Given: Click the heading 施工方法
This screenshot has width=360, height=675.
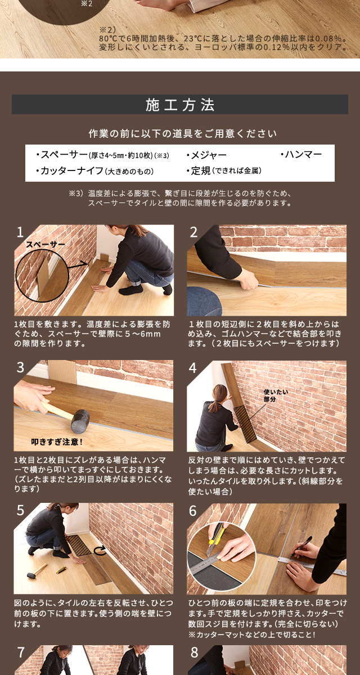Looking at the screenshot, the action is click(180, 105).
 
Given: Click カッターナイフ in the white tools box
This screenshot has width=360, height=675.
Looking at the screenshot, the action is click(72, 170).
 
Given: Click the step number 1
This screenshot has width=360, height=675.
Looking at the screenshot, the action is click(20, 232).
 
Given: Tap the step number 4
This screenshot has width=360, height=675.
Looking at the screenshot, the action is click(192, 368).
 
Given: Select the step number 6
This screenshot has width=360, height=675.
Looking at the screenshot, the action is click(193, 511).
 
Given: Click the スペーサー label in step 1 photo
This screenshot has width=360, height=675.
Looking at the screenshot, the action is click(46, 244).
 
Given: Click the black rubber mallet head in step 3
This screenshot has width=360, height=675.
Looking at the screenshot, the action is click(80, 421).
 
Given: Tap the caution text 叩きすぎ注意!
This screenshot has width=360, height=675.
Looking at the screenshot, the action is click(57, 442).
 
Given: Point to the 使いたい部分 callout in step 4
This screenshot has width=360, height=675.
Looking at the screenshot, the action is click(276, 395).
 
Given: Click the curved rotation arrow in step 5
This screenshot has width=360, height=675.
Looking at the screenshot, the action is click(100, 551).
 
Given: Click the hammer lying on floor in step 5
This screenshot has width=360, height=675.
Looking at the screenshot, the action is click(37, 571).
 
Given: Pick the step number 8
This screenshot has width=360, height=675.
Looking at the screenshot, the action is click(194, 652).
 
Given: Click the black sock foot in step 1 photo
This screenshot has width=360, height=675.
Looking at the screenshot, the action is click(130, 289).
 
